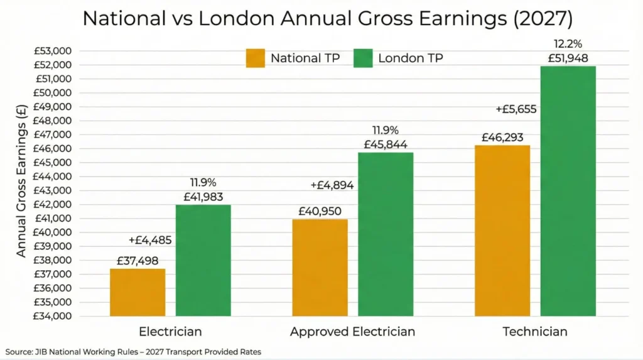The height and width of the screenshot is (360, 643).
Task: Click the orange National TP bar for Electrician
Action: click(138, 292)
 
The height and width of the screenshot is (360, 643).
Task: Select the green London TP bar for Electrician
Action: click(203, 260)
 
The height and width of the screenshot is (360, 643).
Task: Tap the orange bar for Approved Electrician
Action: click(320, 267)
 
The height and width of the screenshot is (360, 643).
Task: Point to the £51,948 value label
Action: click(567, 59)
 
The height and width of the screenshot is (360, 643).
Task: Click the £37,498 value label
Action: click(138, 261)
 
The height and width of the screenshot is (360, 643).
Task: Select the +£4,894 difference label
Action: click(332, 185)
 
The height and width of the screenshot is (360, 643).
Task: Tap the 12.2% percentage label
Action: click(567, 45)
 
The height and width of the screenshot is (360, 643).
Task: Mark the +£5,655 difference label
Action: click(516, 109)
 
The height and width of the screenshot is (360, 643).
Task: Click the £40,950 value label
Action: click(320, 211)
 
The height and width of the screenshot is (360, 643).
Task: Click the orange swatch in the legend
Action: click(255, 58)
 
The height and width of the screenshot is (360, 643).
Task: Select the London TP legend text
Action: click(410, 58)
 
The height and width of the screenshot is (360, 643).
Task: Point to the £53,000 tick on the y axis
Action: click(53, 51)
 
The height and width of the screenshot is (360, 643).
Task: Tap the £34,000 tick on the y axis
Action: click(53, 316)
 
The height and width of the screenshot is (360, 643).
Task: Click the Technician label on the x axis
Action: click(535, 332)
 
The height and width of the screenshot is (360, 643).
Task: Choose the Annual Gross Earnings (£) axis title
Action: click(21, 182)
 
